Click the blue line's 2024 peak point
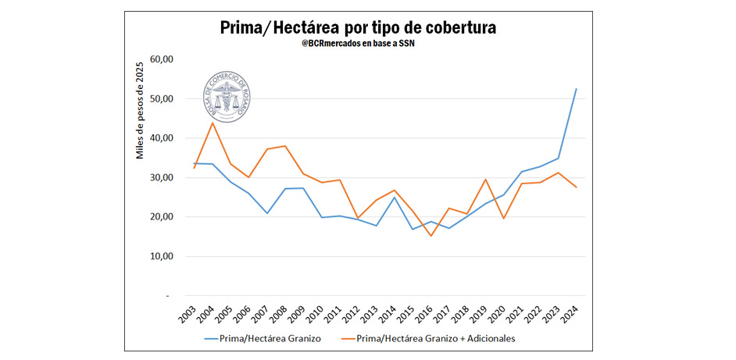click(x=576, y=89)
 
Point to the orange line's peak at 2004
click(x=212, y=123)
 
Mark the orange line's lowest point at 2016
click(x=430, y=236)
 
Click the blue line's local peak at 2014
click(x=394, y=197)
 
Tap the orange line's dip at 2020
click(x=503, y=218)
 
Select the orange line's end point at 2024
click(x=576, y=187)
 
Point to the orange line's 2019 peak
click(x=484, y=180)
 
